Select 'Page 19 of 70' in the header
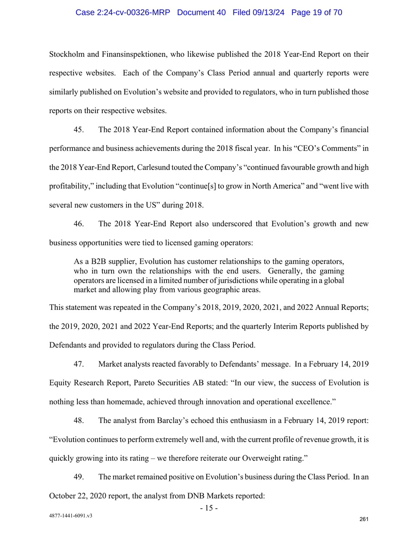click(317, 12)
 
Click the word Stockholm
click(66, 54)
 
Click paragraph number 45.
click(79, 129)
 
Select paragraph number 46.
click(79, 224)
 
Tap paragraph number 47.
click(79, 364)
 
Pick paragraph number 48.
click(79, 420)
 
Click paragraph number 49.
click(79, 477)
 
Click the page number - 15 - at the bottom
click(209, 508)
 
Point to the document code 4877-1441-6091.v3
click(70, 516)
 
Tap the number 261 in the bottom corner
click(364, 519)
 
